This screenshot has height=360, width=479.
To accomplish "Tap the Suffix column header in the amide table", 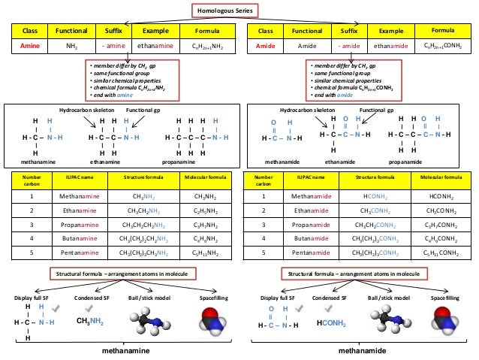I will click(349, 32).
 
